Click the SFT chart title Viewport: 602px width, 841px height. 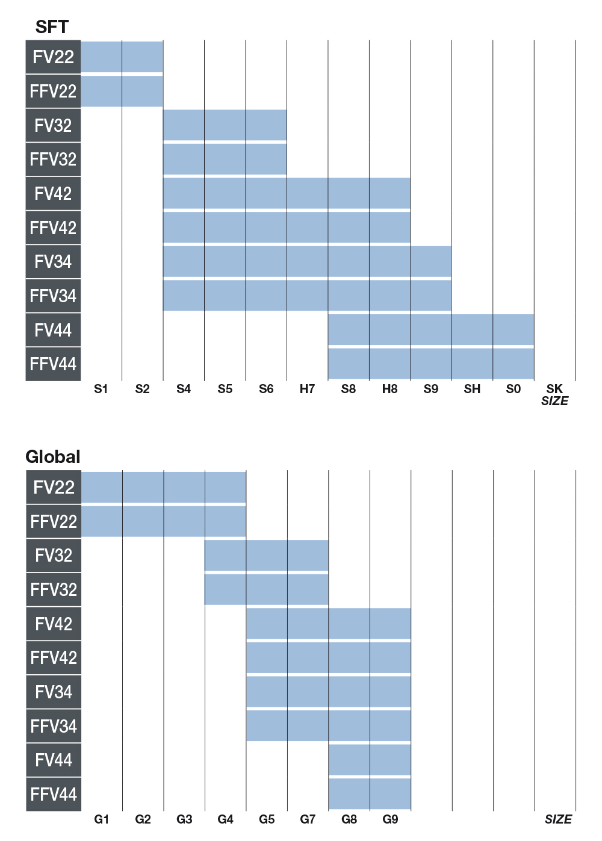52,27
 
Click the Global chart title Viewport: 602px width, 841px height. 53,457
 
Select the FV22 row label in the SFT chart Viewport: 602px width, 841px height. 53,57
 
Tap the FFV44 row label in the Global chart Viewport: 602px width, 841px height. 54,794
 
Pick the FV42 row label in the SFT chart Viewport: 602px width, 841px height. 53,193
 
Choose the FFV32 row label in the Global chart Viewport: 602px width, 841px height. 54,589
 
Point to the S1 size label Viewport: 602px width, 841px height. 101,389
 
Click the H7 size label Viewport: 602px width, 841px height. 307,389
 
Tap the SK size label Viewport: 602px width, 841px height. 554,389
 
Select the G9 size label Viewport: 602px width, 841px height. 390,819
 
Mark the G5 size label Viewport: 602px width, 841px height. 267,819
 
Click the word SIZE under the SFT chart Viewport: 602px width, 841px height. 554,402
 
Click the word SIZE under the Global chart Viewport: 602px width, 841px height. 558,819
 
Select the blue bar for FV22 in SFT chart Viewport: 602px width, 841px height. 122,57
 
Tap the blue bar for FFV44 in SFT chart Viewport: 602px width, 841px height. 430,364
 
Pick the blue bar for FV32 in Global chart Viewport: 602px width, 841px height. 267,555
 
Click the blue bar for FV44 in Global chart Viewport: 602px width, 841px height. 370,760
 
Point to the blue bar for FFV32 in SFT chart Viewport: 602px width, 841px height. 225,159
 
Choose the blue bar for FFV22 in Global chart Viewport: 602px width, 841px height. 163,521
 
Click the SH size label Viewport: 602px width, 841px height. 472,389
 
